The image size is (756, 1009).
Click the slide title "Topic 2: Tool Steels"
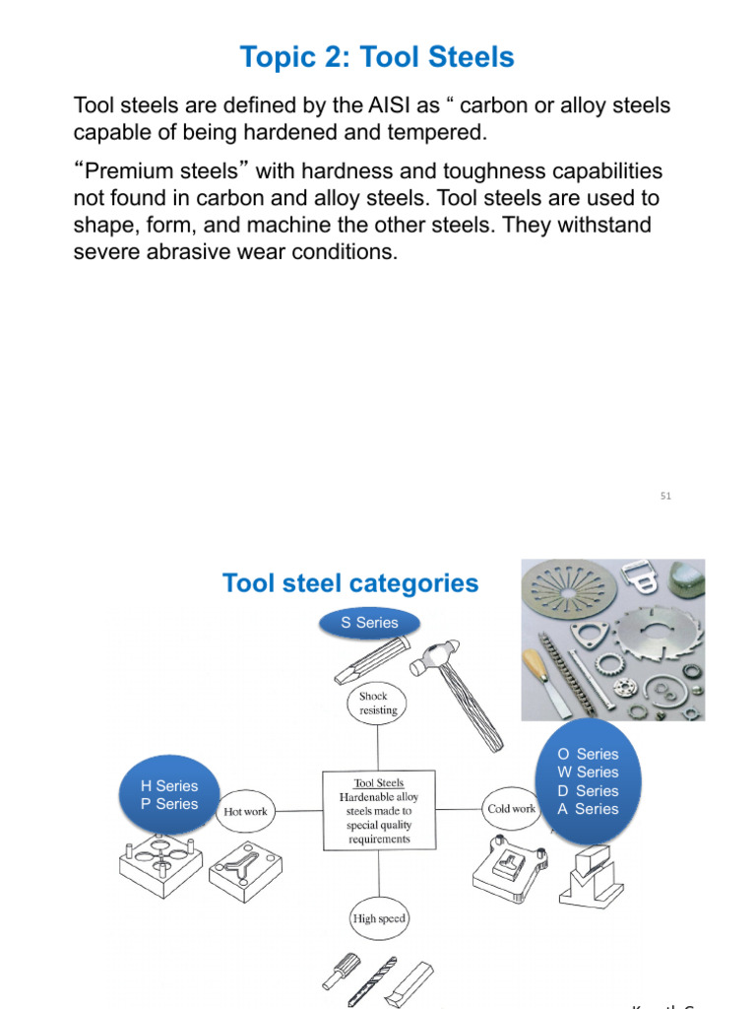pyautogui.click(x=377, y=58)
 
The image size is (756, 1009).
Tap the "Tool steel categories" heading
pyautogui.click(x=350, y=583)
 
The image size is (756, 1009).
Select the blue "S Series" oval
pyautogui.click(x=369, y=623)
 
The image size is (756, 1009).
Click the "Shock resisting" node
pyautogui.click(x=379, y=703)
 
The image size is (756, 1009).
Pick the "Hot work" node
pyautogui.click(x=245, y=811)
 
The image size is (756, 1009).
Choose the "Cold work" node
pyautogui.click(x=512, y=809)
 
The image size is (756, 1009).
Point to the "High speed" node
pyautogui.click(x=379, y=918)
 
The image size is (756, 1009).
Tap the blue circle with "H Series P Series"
pyautogui.click(x=169, y=795)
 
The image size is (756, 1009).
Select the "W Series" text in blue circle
pyautogui.click(x=588, y=773)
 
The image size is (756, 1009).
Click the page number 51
pyautogui.click(x=665, y=496)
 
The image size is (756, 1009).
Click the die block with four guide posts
pyautogui.click(x=160, y=860)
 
